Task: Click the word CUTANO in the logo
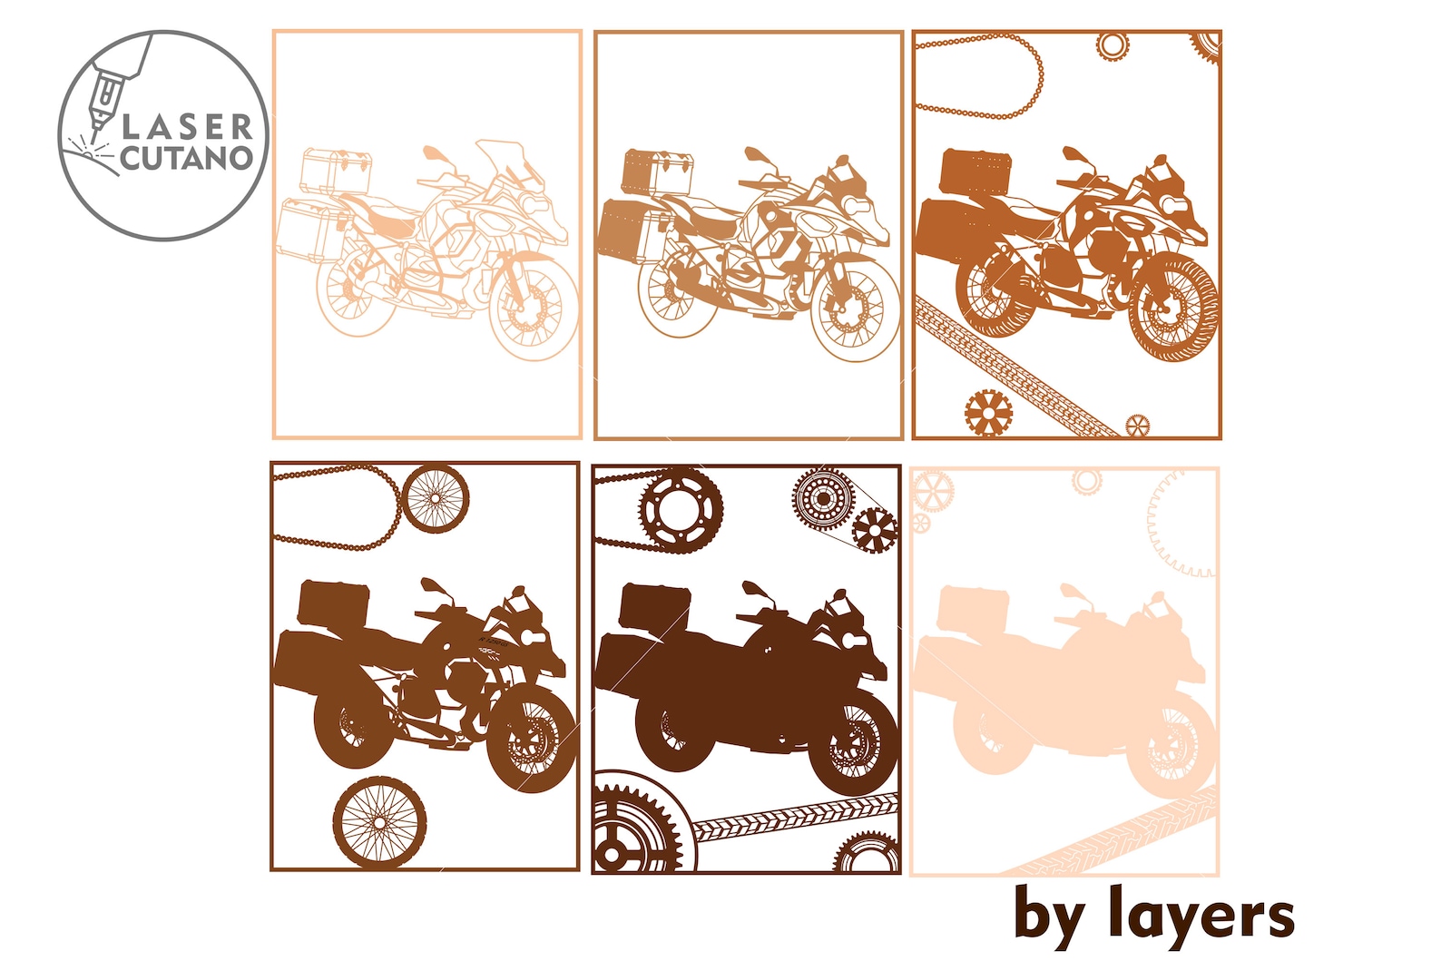[x=186, y=158]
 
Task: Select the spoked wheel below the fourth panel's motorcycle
[x=378, y=821]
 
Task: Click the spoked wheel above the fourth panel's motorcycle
[x=436, y=497]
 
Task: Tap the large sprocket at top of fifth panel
[x=681, y=510]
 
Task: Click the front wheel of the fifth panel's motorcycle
[x=851, y=742]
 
